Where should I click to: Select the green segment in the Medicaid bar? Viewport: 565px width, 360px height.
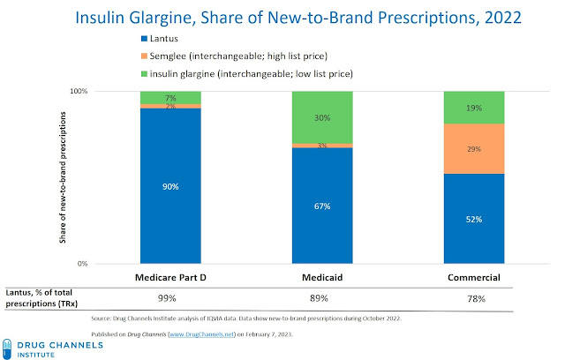(x=322, y=116)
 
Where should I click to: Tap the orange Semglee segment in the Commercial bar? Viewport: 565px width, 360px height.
(x=474, y=148)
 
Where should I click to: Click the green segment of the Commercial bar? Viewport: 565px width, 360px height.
(x=474, y=107)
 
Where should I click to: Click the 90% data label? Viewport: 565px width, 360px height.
(x=170, y=186)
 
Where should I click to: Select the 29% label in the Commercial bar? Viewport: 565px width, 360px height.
(x=474, y=149)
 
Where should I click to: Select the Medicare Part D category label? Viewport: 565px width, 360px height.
(x=170, y=278)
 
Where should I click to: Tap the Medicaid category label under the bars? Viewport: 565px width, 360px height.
(x=322, y=278)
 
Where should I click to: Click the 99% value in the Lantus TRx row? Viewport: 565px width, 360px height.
(x=170, y=298)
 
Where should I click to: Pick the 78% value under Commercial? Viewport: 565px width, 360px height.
(x=474, y=298)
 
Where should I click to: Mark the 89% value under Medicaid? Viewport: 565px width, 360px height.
(x=322, y=298)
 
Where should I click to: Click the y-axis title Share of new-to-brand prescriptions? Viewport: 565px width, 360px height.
(x=60, y=176)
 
